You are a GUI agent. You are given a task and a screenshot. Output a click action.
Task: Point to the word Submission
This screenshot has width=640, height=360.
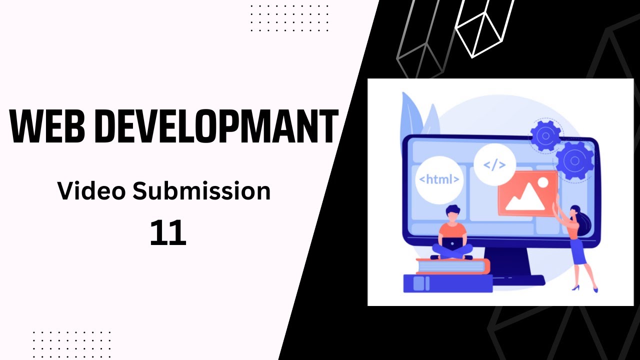point(200,191)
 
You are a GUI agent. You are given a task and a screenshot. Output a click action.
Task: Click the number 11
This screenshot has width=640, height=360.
point(168,233)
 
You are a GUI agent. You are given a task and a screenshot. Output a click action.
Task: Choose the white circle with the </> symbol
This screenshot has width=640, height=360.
point(494,164)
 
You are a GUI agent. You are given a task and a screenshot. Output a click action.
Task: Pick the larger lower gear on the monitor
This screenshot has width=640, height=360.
point(574,161)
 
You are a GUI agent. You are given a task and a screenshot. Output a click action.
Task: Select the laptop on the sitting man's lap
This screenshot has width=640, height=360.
point(452,244)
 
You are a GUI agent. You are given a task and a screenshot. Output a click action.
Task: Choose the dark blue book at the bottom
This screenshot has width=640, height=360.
point(447,283)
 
